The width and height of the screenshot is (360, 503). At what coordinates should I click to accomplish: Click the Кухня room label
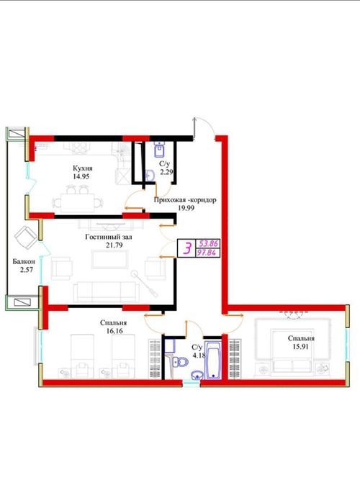click(x=83, y=168)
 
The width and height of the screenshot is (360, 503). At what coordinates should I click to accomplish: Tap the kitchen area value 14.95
click(x=81, y=176)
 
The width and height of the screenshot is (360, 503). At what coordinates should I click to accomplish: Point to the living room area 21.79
click(x=114, y=245)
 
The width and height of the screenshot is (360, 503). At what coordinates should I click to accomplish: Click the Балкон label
click(x=24, y=261)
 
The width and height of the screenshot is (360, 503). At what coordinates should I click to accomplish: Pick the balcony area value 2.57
click(x=27, y=270)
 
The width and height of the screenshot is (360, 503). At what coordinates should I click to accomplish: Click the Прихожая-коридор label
click(x=185, y=200)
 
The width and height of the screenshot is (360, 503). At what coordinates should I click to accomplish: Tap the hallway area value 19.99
click(x=186, y=207)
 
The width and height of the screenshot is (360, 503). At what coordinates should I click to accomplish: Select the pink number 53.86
click(x=209, y=243)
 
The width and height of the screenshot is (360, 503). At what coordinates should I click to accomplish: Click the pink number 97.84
click(x=209, y=253)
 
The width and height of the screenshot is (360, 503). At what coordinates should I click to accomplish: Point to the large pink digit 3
click(x=187, y=248)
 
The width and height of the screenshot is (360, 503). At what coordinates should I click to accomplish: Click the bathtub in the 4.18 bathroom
click(x=212, y=361)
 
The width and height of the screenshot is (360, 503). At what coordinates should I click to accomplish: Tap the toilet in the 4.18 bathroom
click(x=180, y=362)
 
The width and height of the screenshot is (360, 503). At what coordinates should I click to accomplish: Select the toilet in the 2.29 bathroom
click(x=159, y=149)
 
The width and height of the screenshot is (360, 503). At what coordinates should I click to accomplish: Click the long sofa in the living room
click(x=107, y=292)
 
